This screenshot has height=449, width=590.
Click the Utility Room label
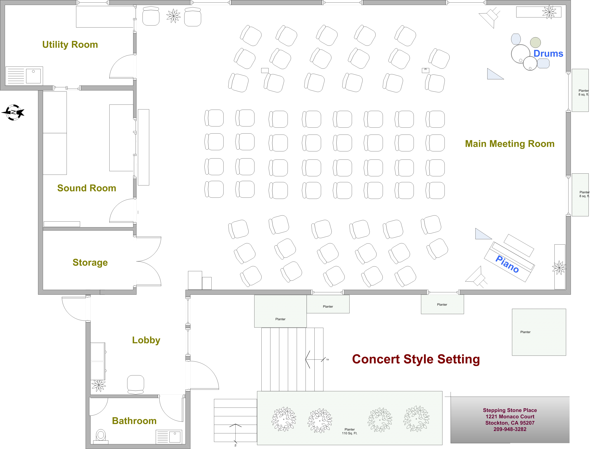[x=70, y=45]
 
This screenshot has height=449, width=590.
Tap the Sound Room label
[x=87, y=188]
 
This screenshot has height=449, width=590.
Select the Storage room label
[x=90, y=263]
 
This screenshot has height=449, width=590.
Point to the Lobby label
[x=146, y=340]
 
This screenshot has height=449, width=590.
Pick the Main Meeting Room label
[x=510, y=144]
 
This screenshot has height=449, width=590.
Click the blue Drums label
[x=548, y=54]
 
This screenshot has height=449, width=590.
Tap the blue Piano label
[x=507, y=264]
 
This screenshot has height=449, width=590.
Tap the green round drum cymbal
[x=535, y=42]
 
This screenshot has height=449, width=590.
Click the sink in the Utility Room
[x=33, y=76]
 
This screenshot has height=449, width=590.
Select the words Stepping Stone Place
[x=510, y=410]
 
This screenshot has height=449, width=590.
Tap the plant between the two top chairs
[x=173, y=16]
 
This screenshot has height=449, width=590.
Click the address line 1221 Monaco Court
[x=510, y=417]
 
